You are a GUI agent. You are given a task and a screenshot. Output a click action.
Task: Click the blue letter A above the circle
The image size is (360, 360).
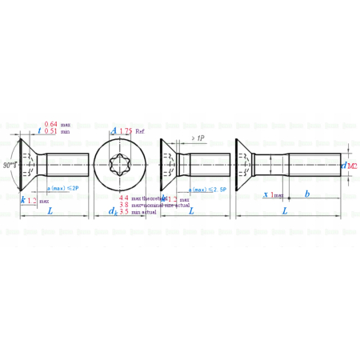[114, 130]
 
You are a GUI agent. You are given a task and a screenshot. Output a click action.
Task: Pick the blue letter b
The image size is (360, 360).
[308, 194]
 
